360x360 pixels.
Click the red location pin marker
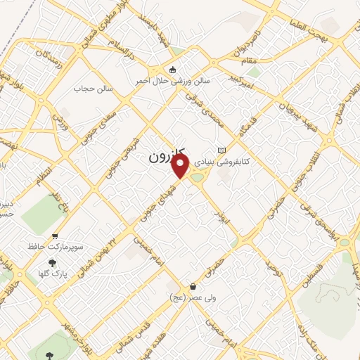181,167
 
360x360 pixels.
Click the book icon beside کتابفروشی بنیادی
222,150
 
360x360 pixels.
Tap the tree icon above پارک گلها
53,262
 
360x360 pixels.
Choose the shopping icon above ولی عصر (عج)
193,286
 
